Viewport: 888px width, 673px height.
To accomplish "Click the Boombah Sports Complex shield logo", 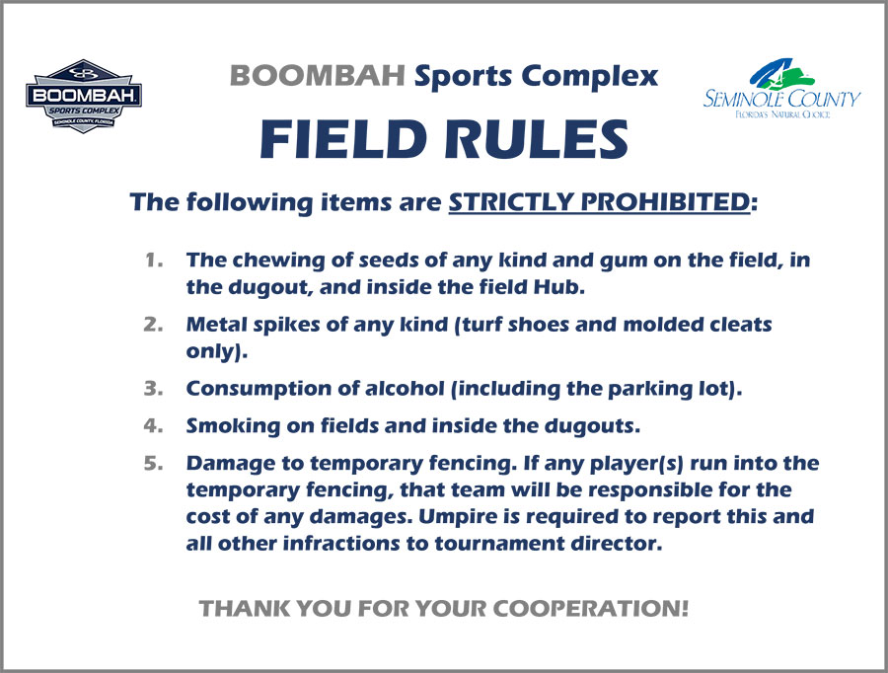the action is pyautogui.click(x=84, y=97).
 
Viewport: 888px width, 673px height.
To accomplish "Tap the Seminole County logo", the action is pyautogui.click(x=781, y=88).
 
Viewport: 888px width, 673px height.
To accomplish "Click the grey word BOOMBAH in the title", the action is pyautogui.click(x=317, y=75).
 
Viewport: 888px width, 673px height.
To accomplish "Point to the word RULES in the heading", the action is pyautogui.click(x=537, y=139).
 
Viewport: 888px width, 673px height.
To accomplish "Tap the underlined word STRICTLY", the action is pyautogui.click(x=510, y=201).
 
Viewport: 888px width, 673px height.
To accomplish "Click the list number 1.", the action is pyautogui.click(x=154, y=261).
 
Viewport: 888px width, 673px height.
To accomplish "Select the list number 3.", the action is pyautogui.click(x=154, y=389).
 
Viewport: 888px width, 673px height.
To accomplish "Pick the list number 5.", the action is pyautogui.click(x=154, y=464).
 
